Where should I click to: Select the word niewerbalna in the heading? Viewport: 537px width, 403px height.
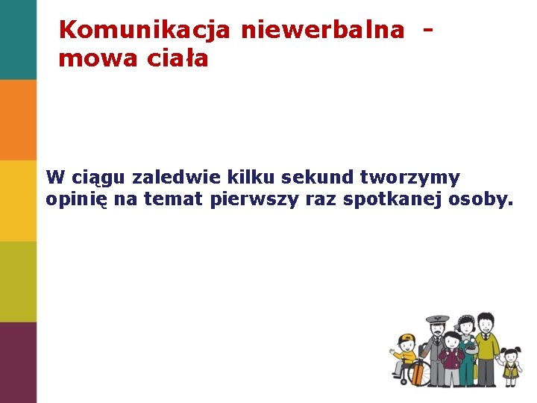[x=322, y=30]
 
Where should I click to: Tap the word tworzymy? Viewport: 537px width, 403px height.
[x=410, y=179]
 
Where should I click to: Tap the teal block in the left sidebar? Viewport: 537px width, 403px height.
[x=18, y=40]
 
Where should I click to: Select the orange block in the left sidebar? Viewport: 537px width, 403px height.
[x=18, y=119]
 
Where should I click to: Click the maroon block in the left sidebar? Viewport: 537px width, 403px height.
[x=18, y=363]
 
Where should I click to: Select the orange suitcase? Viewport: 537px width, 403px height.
[x=417, y=372]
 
